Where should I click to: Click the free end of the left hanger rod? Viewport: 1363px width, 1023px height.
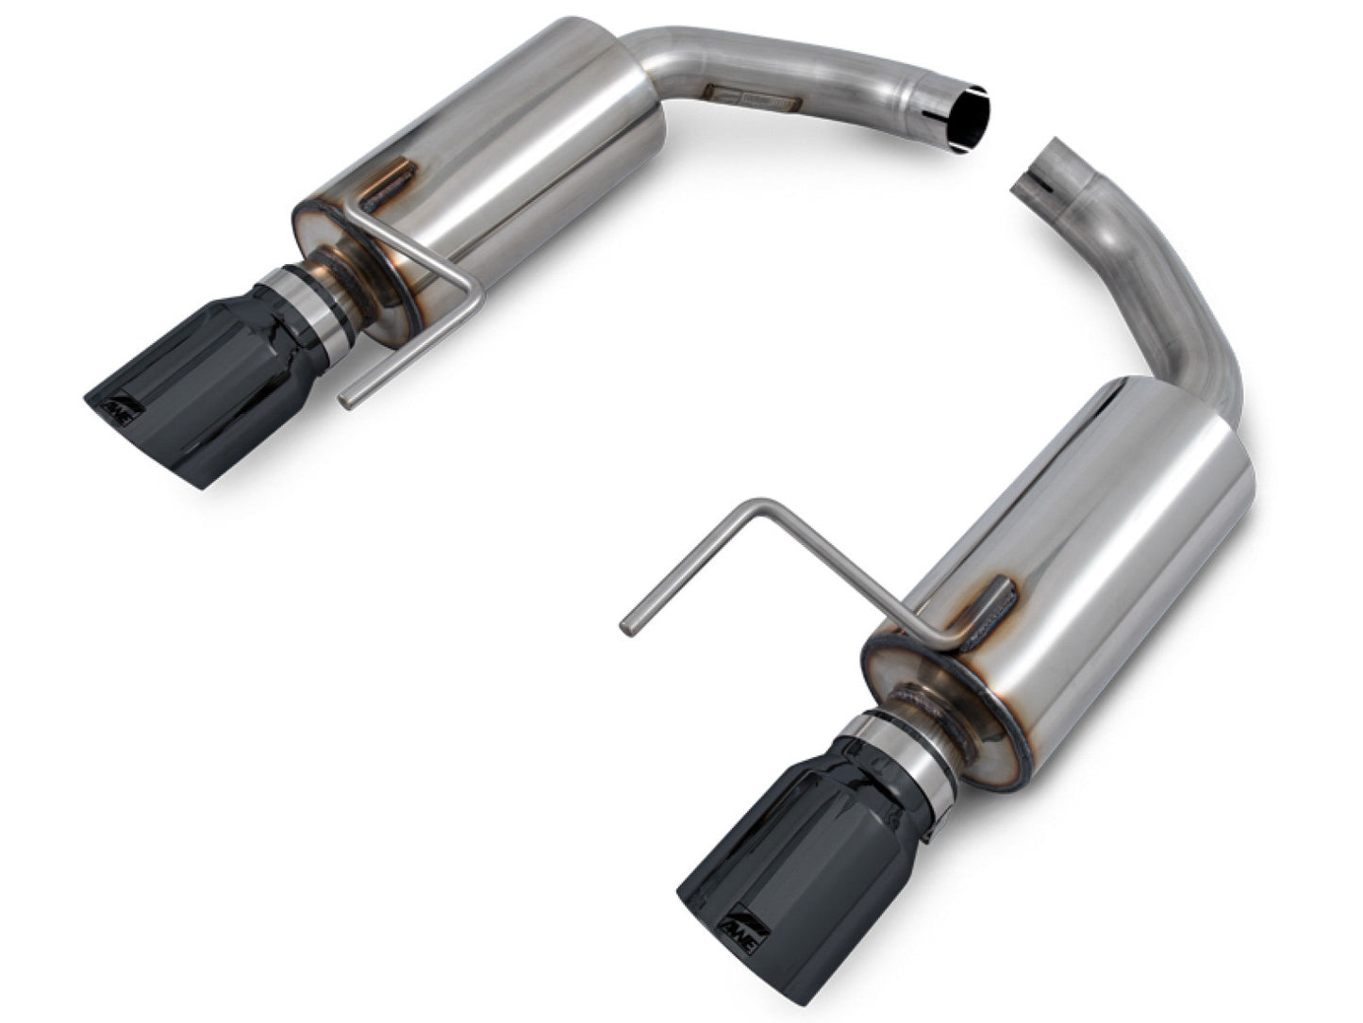(x=346, y=403)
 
